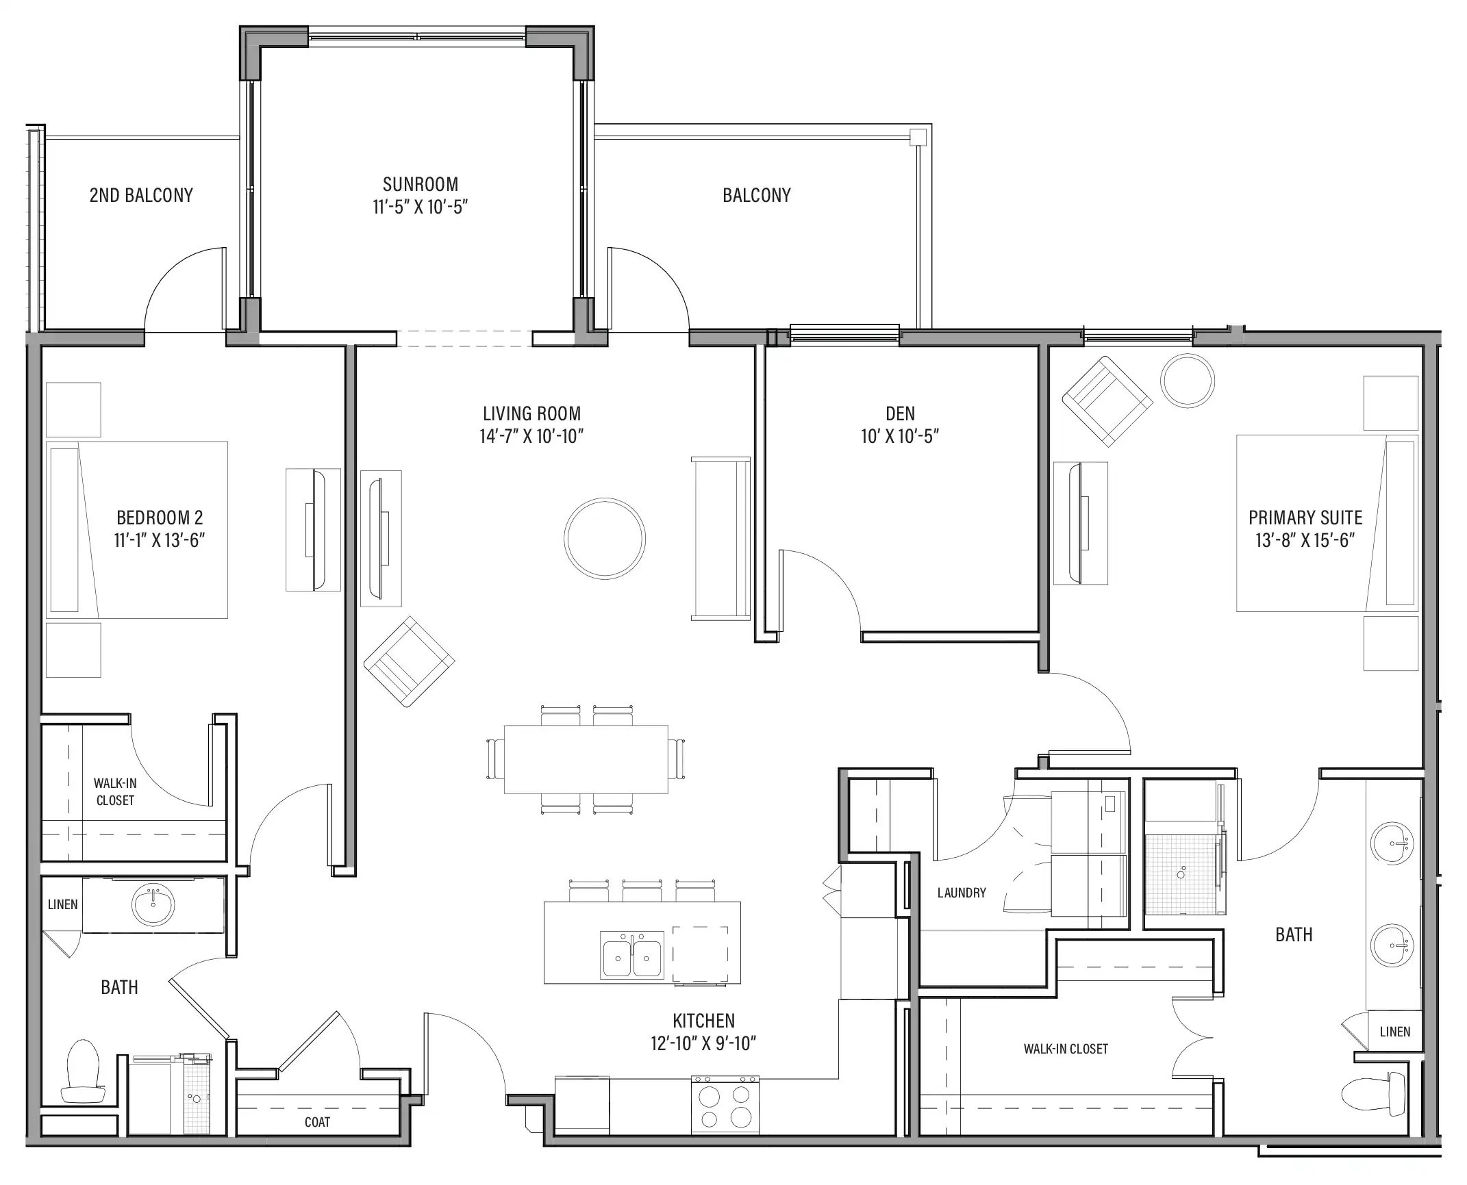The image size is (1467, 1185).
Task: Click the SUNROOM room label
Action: (421, 184)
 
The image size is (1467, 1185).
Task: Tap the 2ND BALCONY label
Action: (141, 196)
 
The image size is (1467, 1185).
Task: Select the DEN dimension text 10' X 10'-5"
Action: (900, 436)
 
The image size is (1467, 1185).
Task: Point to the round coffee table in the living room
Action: (605, 539)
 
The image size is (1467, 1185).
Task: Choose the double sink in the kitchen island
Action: (632, 954)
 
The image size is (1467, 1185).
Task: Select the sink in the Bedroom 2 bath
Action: (153, 904)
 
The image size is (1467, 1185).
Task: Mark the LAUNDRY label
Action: (962, 893)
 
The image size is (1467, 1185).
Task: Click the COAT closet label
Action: (317, 1122)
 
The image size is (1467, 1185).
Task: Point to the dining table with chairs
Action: (586, 760)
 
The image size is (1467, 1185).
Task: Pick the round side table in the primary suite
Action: (1188, 381)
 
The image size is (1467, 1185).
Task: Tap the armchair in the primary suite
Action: (1107, 401)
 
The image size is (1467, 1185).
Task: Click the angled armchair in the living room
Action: (410, 661)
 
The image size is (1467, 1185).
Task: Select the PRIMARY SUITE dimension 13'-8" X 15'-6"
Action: (1305, 541)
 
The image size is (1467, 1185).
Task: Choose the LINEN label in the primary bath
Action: (1395, 1032)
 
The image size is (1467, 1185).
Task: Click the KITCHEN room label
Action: (703, 1021)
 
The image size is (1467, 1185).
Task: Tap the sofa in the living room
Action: (720, 539)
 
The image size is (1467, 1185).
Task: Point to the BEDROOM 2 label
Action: (160, 518)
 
